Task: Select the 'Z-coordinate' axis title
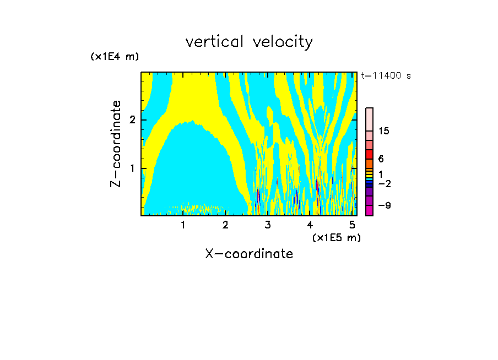[x=116, y=144]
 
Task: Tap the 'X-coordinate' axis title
[x=249, y=254]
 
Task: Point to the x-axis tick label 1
[x=183, y=225]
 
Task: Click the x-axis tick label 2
[x=225, y=225]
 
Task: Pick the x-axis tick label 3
[x=267, y=225]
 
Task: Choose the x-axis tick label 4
[x=310, y=225]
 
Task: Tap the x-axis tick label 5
[x=351, y=225]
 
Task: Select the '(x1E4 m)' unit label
[x=115, y=57]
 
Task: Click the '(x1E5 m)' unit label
[x=336, y=237]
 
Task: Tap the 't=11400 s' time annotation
[x=386, y=76]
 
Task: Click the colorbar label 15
[x=384, y=131]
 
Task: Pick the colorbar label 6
[x=381, y=159]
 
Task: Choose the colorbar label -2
[x=384, y=183]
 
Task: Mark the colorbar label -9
[x=384, y=205]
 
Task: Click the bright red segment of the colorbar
[x=369, y=154]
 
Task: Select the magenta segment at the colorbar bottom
[x=369, y=210]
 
